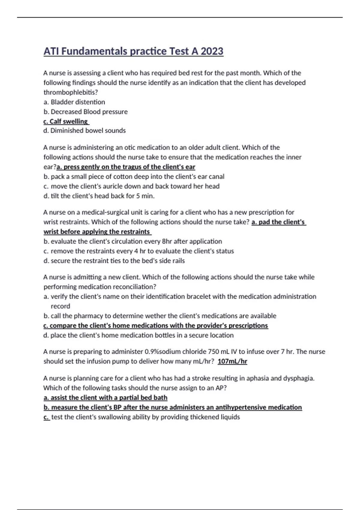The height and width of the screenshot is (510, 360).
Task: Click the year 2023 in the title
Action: click(212, 51)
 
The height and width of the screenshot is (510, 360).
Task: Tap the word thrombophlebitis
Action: click(70, 92)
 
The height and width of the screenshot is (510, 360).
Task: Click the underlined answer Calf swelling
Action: click(66, 121)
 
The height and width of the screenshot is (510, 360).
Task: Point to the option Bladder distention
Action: click(78, 102)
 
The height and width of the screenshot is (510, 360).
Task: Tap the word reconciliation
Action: click(135, 287)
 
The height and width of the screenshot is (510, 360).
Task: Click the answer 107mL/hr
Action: click(232, 361)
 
